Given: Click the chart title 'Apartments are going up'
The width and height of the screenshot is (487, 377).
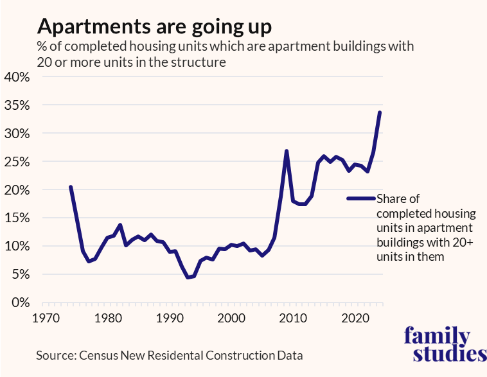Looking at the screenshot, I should click(154, 27).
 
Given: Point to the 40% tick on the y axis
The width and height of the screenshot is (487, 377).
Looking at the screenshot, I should click(17, 77).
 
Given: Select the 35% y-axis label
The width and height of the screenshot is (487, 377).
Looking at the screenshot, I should click(17, 105).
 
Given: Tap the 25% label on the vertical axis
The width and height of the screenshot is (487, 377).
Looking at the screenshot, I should click(17, 162).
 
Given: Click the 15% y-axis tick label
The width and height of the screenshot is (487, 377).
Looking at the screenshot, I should click(17, 218).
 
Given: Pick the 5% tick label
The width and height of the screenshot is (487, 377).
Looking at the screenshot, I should click(21, 274).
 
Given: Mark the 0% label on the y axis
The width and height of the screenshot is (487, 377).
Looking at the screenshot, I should click(21, 302).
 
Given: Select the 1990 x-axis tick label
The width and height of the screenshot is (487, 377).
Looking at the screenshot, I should click(170, 318).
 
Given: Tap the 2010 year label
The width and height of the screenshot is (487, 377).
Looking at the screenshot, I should click(294, 318).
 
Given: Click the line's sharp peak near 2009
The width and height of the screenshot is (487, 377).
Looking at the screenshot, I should click(287, 151).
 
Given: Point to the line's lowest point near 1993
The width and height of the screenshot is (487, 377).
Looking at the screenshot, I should click(188, 277).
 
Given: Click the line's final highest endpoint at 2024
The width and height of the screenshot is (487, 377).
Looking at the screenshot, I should click(380, 112).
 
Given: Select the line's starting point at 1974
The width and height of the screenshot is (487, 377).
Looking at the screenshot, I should click(70, 187).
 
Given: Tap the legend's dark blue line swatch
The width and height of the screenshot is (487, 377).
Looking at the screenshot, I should click(361, 198).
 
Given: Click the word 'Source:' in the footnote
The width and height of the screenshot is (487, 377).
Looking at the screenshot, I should click(56, 355).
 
